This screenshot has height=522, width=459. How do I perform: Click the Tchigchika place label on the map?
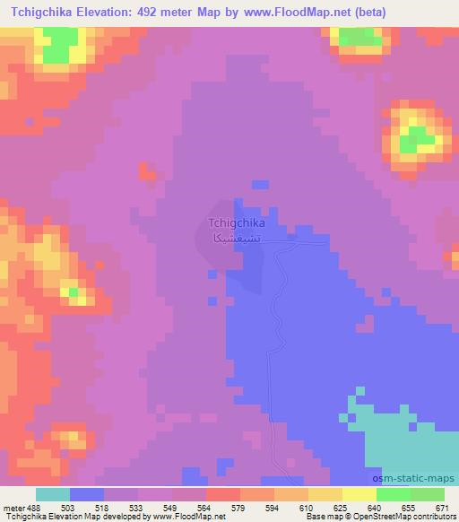point(236,223)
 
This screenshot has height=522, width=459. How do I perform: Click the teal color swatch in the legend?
point(53,493)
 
